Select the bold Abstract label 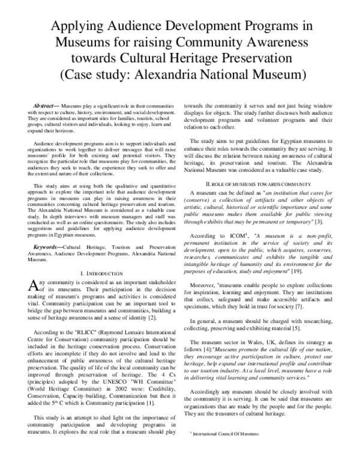[x=45, y=105]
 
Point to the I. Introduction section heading [x=100, y=290]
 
